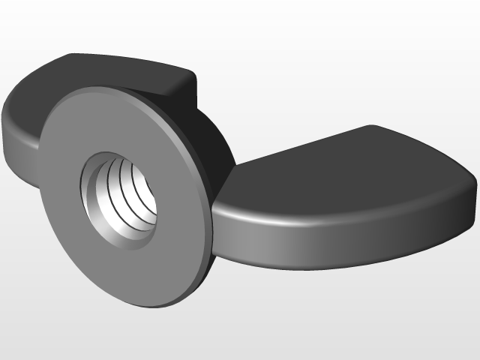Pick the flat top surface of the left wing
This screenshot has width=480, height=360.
point(112,71)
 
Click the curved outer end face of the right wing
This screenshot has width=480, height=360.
point(457,202)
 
